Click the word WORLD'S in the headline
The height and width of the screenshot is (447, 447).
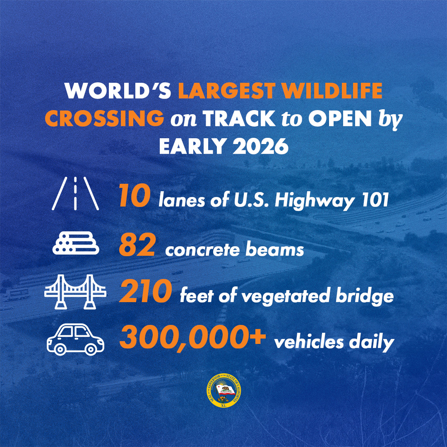pos(118,91)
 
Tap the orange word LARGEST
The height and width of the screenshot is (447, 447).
pos(227,91)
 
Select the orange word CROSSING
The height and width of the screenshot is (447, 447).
pos(104,119)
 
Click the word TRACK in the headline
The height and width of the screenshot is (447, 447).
pos(239,119)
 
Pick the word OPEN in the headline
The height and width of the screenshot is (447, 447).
pos(340,119)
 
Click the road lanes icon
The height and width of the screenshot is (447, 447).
pos(75,193)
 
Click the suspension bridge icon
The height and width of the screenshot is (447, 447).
pos(75,292)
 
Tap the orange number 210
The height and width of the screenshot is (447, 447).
pos(145,291)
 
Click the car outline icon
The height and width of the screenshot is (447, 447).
pos(76,339)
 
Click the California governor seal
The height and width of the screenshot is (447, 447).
pos(223,391)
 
